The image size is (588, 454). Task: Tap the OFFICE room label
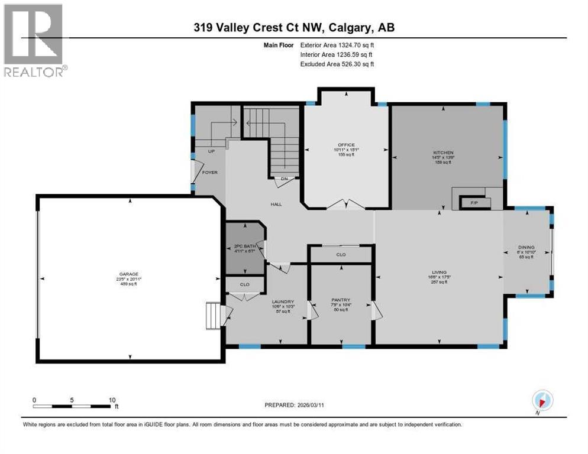pos(346,145)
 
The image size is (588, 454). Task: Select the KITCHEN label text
pos(443,153)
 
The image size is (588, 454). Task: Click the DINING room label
pos(526,248)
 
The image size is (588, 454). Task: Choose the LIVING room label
pos(438,272)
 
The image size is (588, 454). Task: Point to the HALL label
pos(276,204)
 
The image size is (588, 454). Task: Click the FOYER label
pos(209,173)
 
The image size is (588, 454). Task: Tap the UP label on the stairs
pos(211,151)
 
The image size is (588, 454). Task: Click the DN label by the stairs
pos(283,179)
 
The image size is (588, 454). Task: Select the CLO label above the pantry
pos(341,255)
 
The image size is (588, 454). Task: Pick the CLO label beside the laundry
pos(244,284)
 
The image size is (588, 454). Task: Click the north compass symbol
pos(542,400)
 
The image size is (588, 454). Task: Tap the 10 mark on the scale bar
pos(112,400)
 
